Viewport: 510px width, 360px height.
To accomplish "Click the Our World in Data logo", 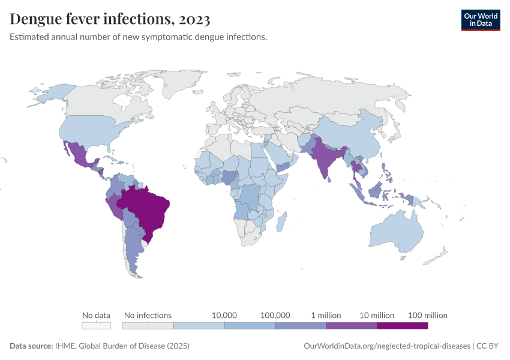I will tap(480, 20).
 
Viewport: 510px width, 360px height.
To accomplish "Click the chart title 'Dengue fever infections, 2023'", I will tap(110, 20).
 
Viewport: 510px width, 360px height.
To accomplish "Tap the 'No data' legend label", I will tap(96, 315).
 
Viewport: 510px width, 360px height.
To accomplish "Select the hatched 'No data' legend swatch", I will tap(96, 326).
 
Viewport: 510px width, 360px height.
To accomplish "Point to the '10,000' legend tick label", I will tap(224, 315).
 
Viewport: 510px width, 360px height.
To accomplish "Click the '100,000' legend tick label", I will tap(275, 315).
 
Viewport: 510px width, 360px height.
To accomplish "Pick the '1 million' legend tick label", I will tap(326, 315).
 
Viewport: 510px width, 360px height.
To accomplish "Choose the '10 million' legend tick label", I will tap(377, 315).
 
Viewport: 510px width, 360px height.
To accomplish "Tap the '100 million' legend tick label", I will tap(428, 315).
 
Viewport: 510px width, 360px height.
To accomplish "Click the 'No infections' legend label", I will tap(148, 315).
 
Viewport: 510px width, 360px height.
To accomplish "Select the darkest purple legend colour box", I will tap(402, 326).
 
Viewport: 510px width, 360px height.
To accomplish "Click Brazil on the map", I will tap(147, 207).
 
